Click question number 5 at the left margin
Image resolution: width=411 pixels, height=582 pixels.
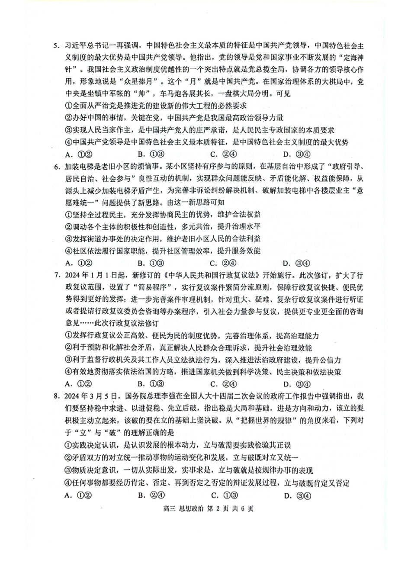pyautogui.click(x=55, y=45)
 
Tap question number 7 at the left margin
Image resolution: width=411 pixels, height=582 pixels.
pyautogui.click(x=55, y=275)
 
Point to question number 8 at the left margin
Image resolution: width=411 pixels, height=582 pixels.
pyautogui.click(x=55, y=396)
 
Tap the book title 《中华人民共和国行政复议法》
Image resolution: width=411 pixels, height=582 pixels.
pyautogui.click(x=203, y=275)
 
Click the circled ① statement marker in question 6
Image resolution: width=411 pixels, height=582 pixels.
pyautogui.click(x=68, y=215)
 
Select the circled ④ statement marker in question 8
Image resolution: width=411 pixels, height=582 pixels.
pyautogui.click(x=68, y=483)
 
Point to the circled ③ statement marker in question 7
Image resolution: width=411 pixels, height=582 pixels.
pyautogui.click(x=68, y=360)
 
